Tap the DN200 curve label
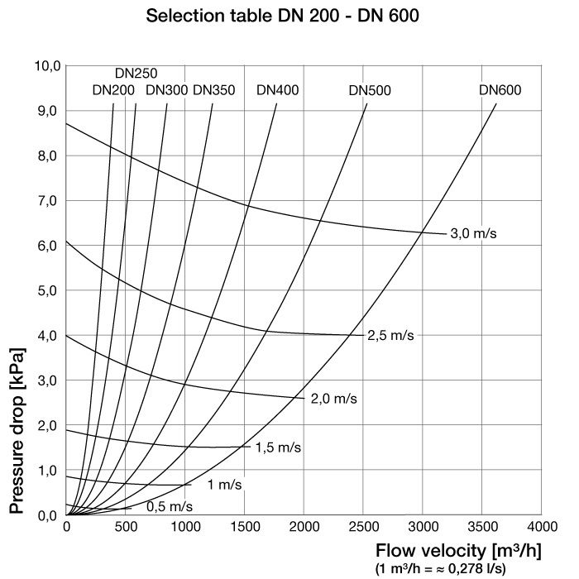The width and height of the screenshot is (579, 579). click(x=113, y=90)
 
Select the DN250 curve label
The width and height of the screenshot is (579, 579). click(x=136, y=74)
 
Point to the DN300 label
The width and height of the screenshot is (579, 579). click(x=166, y=90)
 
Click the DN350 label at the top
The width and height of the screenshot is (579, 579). click(x=214, y=90)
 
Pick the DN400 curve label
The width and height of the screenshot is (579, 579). click(x=278, y=90)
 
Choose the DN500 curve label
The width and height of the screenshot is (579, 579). click(x=370, y=90)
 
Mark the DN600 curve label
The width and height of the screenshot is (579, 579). click(x=500, y=90)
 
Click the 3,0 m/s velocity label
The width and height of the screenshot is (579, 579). click(x=473, y=234)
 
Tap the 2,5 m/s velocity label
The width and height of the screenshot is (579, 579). click(x=390, y=335)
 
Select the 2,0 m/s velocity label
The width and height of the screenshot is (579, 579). click(x=334, y=399)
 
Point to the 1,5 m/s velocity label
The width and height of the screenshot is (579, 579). click(x=279, y=447)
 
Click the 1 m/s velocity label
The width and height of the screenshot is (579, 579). click(x=224, y=484)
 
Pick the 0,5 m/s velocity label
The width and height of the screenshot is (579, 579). click(x=170, y=506)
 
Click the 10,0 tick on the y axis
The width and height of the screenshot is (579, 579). click(x=46, y=66)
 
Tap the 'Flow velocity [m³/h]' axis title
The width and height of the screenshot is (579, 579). click(x=458, y=551)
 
